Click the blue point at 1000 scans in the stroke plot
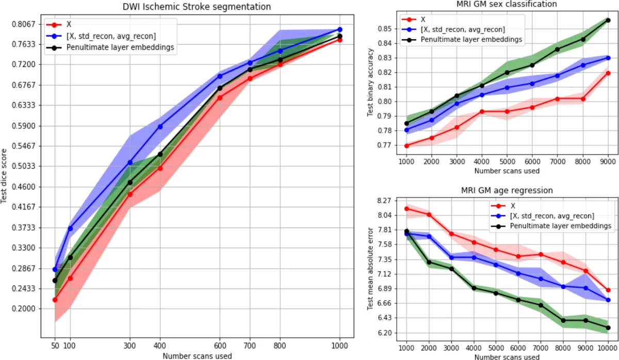coord(340,29)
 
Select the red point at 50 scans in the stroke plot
coord(55,300)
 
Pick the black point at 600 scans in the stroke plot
coord(220,88)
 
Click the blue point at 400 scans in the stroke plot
coord(160,126)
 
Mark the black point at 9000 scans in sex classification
coord(608,20)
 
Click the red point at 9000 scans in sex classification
coord(608,73)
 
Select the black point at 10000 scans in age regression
coord(608,328)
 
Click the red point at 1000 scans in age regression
coord(406,208)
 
